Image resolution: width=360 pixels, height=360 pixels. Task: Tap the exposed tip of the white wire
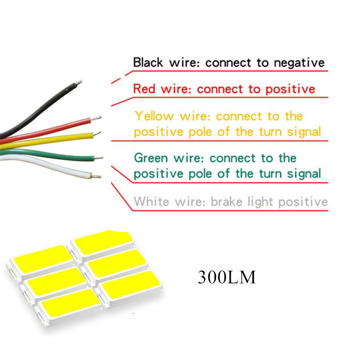coord(96,175)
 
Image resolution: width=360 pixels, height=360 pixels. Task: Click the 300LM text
coord(226,277)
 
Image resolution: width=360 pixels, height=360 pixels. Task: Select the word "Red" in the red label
coord(144,88)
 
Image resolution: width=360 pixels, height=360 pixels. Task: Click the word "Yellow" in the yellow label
coord(154,116)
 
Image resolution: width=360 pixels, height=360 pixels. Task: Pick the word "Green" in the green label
coord(150,158)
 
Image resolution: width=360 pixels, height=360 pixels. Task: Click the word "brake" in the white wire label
coord(226,201)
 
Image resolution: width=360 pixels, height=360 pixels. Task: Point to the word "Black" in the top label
coord(148,63)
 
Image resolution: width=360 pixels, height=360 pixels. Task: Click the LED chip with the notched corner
coord(102,242)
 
